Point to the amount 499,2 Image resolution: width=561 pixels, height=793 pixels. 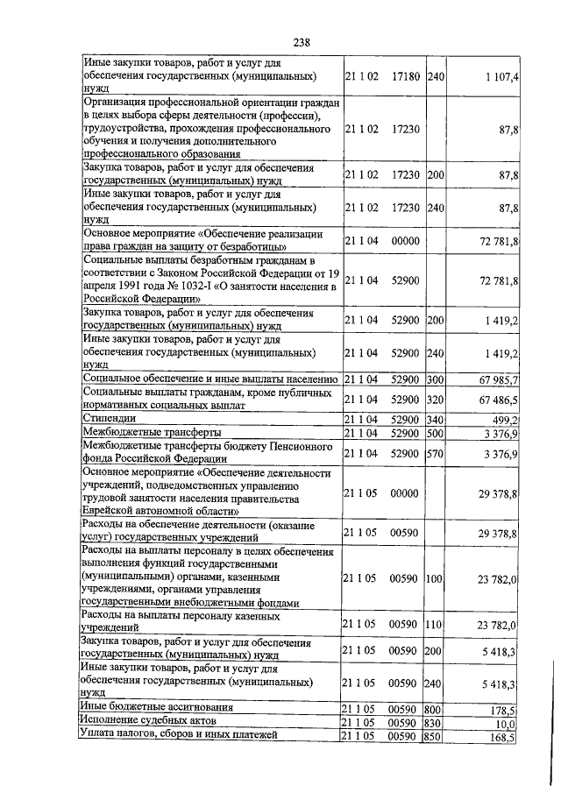pos(504,419)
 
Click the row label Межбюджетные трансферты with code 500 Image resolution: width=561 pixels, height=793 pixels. pos(151,432)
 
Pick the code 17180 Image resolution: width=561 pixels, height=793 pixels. pos(405,78)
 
